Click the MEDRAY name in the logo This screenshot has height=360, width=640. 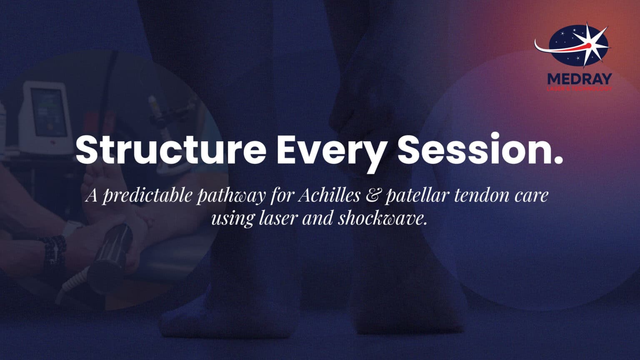point(579,78)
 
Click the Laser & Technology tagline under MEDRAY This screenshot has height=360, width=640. point(579,88)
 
